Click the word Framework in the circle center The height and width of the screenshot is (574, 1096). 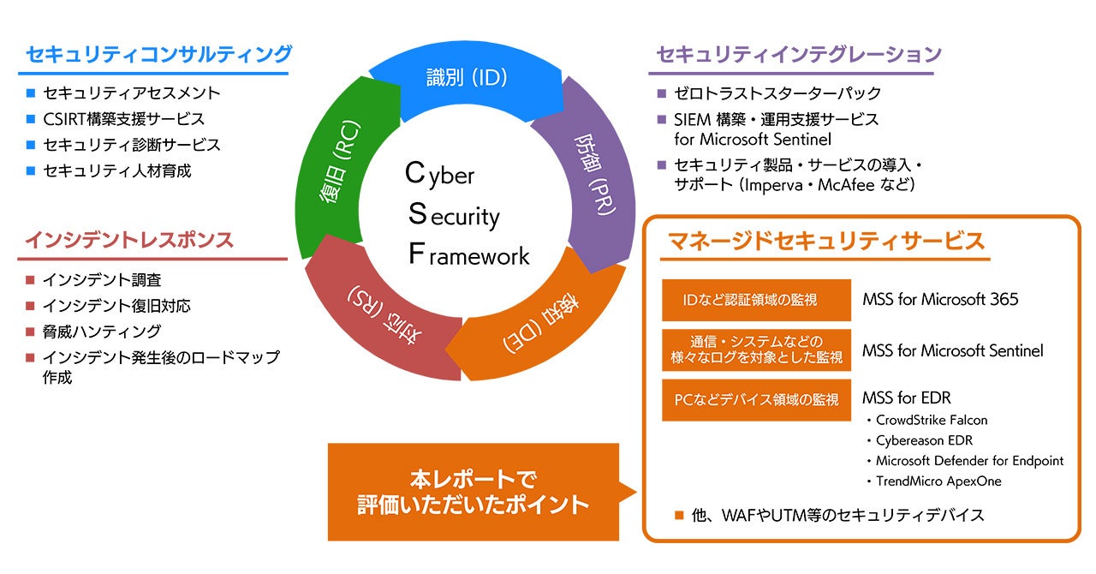(x=468, y=254)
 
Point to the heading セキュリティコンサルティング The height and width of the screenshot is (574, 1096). (x=158, y=55)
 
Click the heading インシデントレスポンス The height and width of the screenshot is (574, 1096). (x=128, y=240)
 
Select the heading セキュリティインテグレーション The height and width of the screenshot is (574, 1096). (x=799, y=55)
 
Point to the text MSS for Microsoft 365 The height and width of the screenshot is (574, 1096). (x=940, y=300)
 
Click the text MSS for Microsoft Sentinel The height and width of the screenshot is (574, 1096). (x=952, y=350)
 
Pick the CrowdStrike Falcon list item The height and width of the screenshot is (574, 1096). (x=932, y=421)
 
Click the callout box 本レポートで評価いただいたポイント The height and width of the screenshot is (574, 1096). (x=474, y=492)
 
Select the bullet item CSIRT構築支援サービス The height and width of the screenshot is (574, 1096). (x=123, y=119)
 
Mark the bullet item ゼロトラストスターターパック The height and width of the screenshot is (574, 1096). (x=777, y=93)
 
